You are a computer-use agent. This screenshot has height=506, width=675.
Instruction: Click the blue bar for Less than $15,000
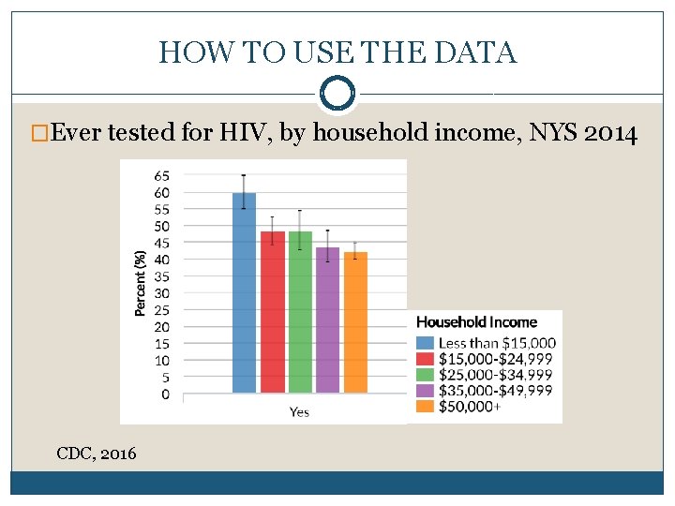click(x=244, y=292)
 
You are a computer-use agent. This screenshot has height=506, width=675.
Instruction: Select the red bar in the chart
click(x=273, y=312)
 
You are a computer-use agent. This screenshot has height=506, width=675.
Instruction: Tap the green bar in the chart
click(x=300, y=312)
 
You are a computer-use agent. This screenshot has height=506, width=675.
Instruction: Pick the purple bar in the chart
click(x=327, y=320)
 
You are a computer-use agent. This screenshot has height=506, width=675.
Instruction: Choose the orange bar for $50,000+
click(x=355, y=322)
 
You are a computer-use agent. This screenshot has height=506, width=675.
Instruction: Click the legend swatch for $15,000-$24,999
click(x=425, y=359)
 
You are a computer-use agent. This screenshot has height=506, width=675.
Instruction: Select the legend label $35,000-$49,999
click(x=496, y=391)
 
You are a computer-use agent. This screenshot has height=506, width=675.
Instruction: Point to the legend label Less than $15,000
click(x=497, y=343)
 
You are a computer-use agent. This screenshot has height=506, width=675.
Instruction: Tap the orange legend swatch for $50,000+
click(x=425, y=407)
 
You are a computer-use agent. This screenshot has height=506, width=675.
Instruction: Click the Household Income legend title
click(x=476, y=321)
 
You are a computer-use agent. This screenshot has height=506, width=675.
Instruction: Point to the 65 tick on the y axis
click(x=162, y=176)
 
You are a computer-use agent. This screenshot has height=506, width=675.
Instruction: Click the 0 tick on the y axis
click(x=166, y=394)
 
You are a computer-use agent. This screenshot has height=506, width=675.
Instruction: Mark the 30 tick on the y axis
click(x=162, y=293)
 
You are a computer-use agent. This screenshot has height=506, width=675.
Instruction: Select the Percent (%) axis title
click(x=140, y=283)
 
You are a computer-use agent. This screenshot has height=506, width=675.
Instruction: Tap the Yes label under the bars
click(x=299, y=412)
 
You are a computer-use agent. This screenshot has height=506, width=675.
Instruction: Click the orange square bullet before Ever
click(x=39, y=133)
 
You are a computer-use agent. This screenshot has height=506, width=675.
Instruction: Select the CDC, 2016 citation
click(x=97, y=454)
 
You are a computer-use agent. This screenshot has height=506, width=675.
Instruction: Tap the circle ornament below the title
click(x=337, y=78)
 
